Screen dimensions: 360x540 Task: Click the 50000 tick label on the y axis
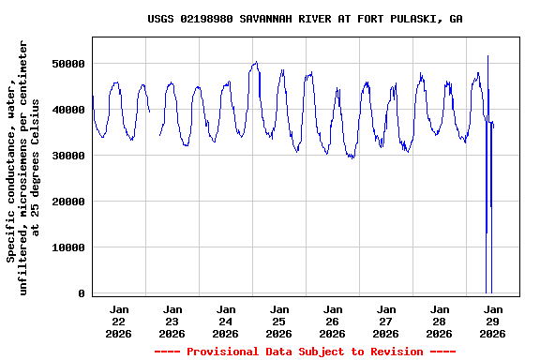[68, 64]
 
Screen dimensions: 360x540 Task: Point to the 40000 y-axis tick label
[68, 110]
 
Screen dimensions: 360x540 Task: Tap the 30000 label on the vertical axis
[68, 156]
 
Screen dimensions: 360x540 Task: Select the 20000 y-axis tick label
[68, 202]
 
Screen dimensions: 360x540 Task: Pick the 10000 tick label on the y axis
[68, 247]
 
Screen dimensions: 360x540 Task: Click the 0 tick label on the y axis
[82, 293]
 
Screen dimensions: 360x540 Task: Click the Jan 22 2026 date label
[119, 321]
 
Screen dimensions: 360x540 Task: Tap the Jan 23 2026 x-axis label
[172, 321]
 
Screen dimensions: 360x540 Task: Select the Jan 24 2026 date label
[226, 321]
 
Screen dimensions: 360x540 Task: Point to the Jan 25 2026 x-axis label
[279, 321]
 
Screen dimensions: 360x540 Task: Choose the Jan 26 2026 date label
[333, 321]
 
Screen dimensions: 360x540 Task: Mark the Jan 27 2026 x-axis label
[386, 321]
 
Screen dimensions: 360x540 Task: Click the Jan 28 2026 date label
[440, 321]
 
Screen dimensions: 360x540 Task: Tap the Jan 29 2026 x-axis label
[493, 321]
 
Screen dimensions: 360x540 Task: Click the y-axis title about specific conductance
[23, 168]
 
